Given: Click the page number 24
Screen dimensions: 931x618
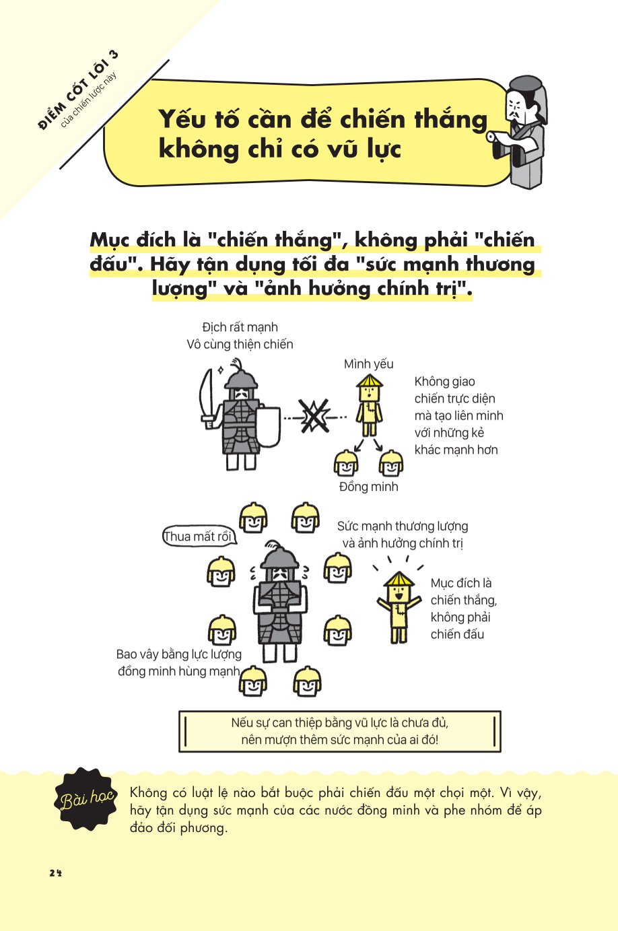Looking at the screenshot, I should pos(55,873).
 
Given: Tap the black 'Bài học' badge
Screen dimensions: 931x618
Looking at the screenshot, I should pos(85,799).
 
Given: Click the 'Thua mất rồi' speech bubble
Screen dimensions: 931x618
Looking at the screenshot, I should pos(198,537).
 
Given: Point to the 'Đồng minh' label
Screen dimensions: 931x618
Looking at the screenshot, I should pos(368,487).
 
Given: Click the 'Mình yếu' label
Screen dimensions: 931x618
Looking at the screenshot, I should pos(368,364).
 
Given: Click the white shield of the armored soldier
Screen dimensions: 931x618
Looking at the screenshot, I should pos(269,427).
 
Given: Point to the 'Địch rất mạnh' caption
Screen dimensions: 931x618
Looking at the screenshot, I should pos(240,328).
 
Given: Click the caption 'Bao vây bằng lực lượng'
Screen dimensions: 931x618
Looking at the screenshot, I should pos(179,654).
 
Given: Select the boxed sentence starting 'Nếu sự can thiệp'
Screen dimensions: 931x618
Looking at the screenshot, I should pos(340,731).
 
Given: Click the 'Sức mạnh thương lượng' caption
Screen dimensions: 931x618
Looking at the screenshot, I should pos(403,526).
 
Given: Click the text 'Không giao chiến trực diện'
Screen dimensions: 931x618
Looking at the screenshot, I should pos(454,390).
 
